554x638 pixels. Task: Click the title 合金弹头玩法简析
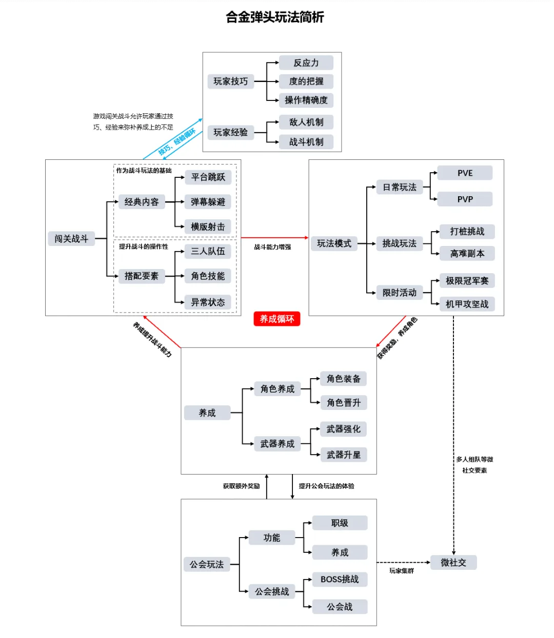click(275, 17)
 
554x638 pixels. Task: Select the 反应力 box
click(306, 63)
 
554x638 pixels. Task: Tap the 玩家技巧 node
click(230, 81)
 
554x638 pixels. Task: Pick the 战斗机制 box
click(306, 142)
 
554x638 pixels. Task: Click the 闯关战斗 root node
click(71, 239)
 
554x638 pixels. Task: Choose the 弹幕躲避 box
click(208, 202)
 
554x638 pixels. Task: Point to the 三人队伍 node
click(208, 251)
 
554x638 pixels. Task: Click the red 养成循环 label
click(276, 319)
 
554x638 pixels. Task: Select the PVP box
click(465, 199)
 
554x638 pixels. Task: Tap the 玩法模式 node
click(334, 243)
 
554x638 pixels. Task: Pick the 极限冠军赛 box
click(467, 281)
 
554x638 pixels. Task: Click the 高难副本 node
click(467, 253)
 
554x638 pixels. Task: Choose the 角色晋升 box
click(343, 403)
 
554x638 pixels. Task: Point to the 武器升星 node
click(343, 455)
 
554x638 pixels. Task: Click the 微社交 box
click(453, 563)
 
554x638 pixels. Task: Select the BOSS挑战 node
click(340, 580)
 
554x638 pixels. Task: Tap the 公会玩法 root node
click(207, 565)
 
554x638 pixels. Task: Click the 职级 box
click(340, 523)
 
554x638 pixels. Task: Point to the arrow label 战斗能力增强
click(272, 247)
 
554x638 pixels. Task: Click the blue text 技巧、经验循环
click(176, 141)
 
